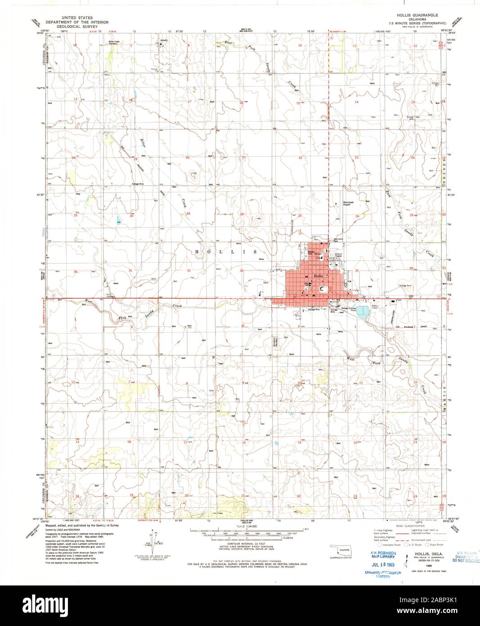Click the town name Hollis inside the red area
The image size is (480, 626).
tap(319, 275)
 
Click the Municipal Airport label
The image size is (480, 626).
tap(348, 203)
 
